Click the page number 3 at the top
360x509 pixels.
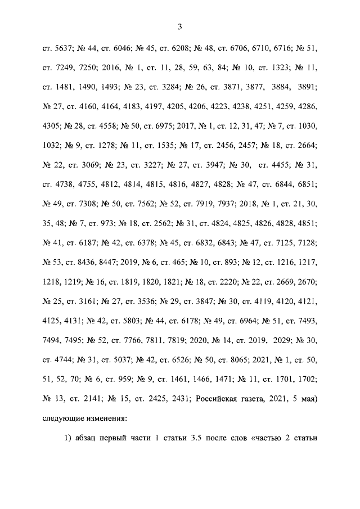point(180,26)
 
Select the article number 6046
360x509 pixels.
point(124,49)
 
